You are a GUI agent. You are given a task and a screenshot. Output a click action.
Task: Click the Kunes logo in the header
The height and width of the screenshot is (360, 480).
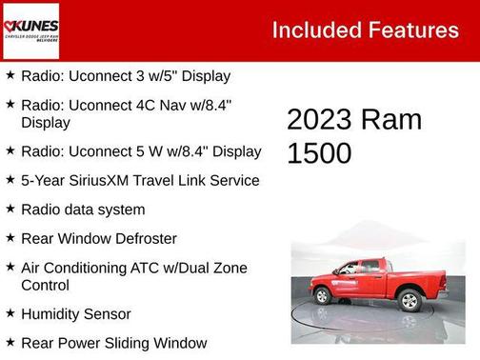(x=30, y=30)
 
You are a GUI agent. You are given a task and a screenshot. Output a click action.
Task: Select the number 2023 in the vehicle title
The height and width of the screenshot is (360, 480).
(x=319, y=120)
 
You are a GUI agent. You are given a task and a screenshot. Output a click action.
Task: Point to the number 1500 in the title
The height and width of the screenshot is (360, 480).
(x=319, y=153)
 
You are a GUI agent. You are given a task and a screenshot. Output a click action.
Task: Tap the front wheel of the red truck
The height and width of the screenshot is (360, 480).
(x=323, y=296)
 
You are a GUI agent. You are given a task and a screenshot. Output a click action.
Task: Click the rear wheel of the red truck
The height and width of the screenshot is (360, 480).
(x=410, y=301)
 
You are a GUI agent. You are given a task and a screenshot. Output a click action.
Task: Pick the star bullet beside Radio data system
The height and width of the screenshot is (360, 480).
(x=10, y=209)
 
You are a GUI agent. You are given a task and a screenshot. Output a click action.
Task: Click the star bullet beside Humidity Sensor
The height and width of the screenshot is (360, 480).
(x=10, y=312)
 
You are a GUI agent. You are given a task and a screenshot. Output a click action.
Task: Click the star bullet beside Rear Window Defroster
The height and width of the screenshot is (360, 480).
(x=10, y=237)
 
